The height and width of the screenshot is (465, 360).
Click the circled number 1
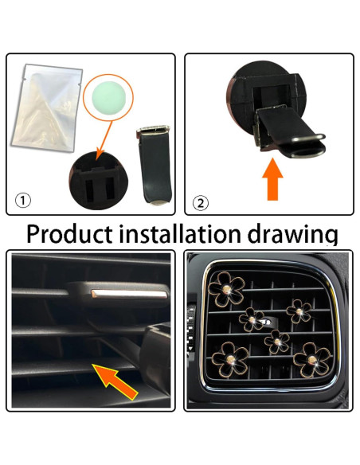point(26,199)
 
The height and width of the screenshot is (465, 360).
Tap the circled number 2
point(202,202)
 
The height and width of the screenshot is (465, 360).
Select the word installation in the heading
point(188,234)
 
